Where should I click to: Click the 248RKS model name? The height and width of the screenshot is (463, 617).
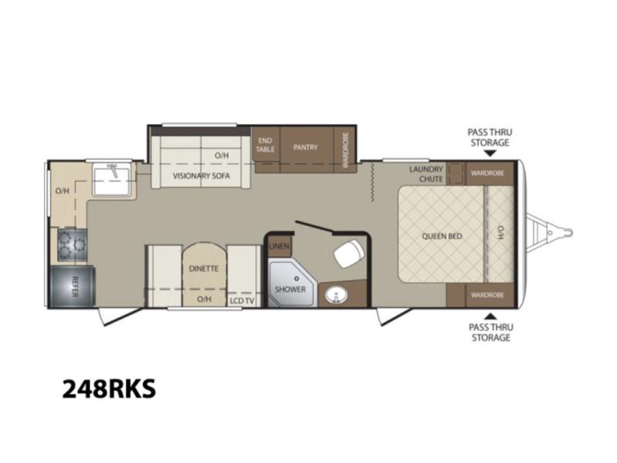pos(109,389)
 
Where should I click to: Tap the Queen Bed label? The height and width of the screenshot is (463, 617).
pos(442,236)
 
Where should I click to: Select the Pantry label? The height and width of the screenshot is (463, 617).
pos(305,147)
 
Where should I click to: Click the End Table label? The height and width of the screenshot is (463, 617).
pos(265,145)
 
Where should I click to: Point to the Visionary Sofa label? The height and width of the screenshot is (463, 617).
pos(201,176)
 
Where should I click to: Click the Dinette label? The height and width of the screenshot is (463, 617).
pos(204,269)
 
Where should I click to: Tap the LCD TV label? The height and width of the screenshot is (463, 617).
pos(242,301)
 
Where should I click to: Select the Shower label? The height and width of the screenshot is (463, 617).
pos(291,289)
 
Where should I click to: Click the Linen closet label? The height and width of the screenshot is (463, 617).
pos(279,247)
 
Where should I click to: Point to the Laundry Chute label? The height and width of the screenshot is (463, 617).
pos(427,174)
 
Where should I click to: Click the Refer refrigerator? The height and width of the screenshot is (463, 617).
pos(72,286)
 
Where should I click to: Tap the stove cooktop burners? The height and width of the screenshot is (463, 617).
pos(72,245)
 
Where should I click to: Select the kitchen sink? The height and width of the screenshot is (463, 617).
pos(112,181)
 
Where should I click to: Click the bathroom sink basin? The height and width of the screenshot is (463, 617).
pos(335,294)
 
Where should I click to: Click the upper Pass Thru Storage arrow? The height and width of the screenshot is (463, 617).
pos(490,153)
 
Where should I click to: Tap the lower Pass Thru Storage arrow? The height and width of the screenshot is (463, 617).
pos(490,316)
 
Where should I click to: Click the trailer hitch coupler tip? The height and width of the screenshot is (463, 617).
pos(569,232)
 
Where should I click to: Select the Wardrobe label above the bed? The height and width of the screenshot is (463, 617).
pos(487,173)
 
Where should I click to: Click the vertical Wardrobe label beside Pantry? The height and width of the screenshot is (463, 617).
pos(346,150)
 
